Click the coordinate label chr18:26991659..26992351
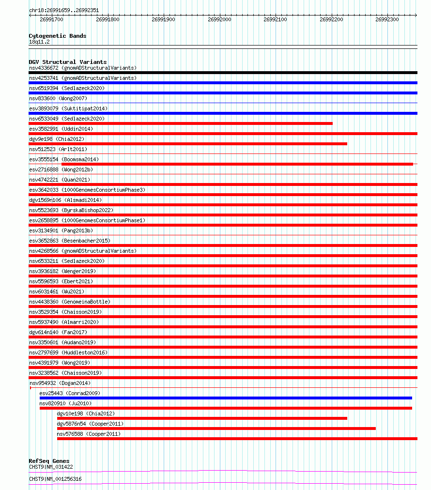(64, 10)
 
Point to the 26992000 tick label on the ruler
(219, 19)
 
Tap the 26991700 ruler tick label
(51, 19)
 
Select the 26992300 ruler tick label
(387, 19)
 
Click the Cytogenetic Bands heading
(57, 36)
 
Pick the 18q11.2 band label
(39, 42)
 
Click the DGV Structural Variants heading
(67, 62)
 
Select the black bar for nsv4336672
(223, 73)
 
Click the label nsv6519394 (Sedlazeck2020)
(66, 88)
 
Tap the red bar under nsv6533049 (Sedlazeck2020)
(181, 123)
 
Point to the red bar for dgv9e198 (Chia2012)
(188, 144)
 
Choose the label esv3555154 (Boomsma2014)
(64, 159)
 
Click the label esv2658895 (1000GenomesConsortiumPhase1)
(87, 220)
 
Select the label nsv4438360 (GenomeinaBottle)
(69, 302)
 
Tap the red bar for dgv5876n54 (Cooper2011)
(216, 429)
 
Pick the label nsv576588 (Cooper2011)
(89, 434)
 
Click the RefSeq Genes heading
(49, 461)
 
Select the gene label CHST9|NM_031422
(51, 467)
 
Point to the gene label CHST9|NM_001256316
(55, 479)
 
